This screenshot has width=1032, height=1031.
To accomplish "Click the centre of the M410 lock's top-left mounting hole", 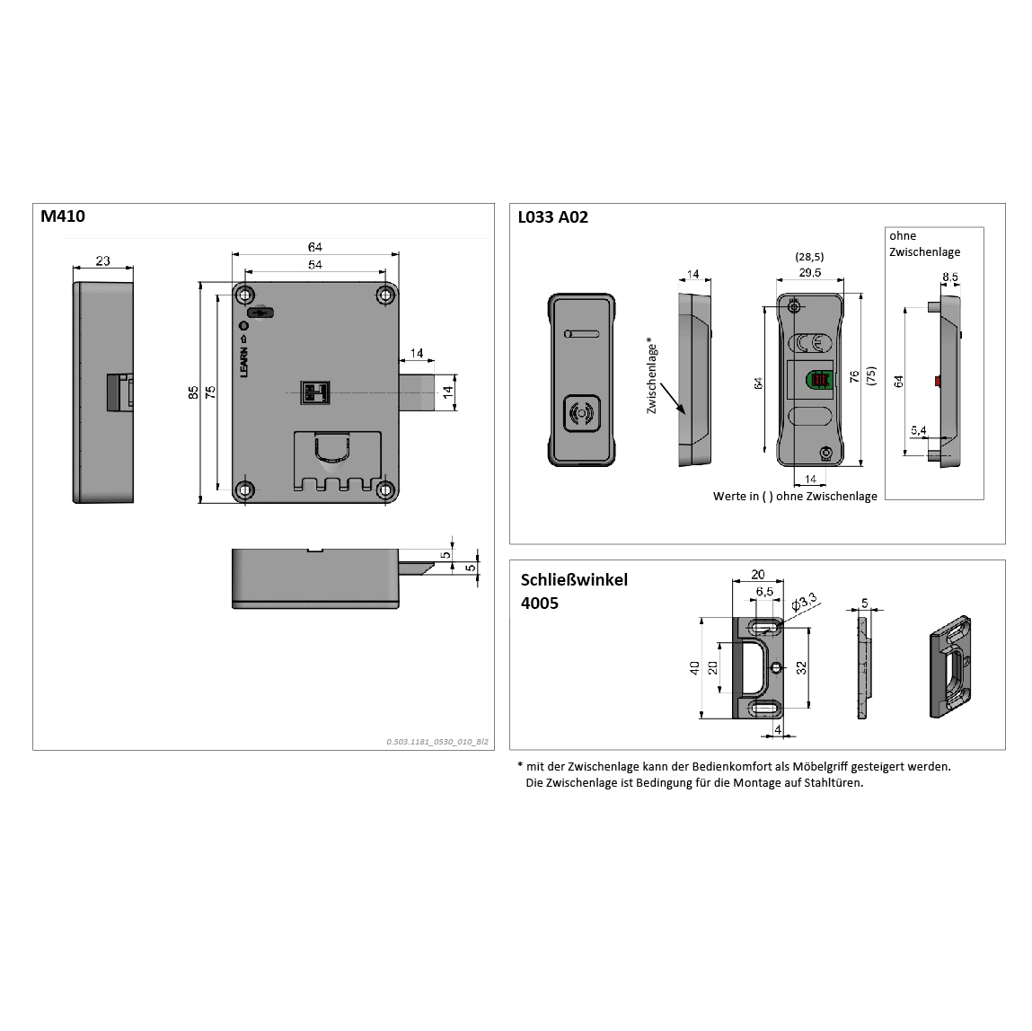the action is tap(245, 295).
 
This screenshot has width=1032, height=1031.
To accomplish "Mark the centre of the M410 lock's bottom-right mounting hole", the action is tap(385, 489).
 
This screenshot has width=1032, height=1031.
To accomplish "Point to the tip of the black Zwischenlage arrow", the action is tap(685, 414).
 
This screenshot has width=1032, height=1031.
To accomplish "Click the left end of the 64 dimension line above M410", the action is tap(233, 254).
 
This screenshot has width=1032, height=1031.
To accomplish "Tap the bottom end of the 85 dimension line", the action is tap(200, 503).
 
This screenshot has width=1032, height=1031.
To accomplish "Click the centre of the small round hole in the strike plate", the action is tap(777, 668).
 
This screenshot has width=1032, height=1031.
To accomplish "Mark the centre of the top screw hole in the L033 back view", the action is tap(794, 306).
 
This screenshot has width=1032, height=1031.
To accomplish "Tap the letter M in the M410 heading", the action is tap(48, 216).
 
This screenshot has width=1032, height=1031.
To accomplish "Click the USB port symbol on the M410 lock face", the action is tap(260, 313).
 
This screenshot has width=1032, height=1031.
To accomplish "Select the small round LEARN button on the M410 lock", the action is tap(243, 326).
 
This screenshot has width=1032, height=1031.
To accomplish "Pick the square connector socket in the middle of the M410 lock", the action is tap(314, 392).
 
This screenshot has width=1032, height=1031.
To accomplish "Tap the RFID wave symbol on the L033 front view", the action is tap(580, 414).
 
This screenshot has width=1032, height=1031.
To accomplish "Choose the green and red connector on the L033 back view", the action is tap(819, 380).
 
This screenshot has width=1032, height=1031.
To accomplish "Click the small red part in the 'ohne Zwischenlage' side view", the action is tap(938, 381).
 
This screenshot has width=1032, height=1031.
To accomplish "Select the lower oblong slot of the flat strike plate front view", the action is tap(764, 708).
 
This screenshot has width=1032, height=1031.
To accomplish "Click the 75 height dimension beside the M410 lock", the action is tap(210, 392).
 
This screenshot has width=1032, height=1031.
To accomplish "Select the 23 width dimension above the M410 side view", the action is tap(102, 260).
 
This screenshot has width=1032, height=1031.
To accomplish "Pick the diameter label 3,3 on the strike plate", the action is tap(804, 602).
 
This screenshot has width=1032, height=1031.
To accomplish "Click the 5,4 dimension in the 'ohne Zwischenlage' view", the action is tap(918, 431).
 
